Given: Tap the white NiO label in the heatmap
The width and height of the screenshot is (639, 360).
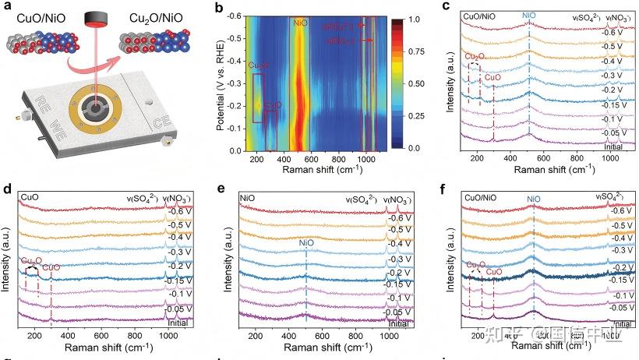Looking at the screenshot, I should tap(300, 23).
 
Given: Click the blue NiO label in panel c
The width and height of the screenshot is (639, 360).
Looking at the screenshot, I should tap(529, 15).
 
